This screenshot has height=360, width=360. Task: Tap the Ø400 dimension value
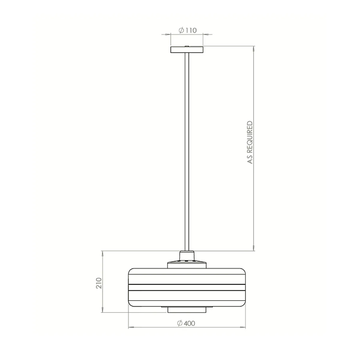tap(186, 323)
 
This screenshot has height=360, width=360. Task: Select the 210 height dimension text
tap(99, 283)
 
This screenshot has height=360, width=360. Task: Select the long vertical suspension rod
tap(187, 150)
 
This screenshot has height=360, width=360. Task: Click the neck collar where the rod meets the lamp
tap(187, 256)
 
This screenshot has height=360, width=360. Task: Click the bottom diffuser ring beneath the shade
tap(187, 310)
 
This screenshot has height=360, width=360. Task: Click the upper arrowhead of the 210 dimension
tap(103, 253)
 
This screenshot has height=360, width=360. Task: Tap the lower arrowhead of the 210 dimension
tap(103, 310)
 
